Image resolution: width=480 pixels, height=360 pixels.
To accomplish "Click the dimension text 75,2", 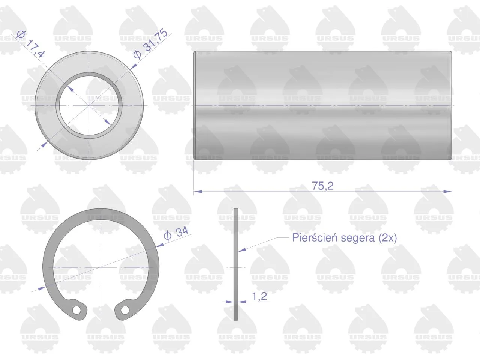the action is pos(322,186).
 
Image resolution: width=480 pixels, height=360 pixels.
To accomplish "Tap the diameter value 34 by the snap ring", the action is pos(182,232).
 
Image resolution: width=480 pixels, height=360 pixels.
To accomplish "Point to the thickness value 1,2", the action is pos(259,296).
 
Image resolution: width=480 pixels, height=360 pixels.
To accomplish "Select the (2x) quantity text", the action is pos(388,238).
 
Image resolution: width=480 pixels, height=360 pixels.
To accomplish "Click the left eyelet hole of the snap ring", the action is pos(76,310).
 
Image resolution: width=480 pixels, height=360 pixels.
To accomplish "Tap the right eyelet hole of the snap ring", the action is pos(124,310).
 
